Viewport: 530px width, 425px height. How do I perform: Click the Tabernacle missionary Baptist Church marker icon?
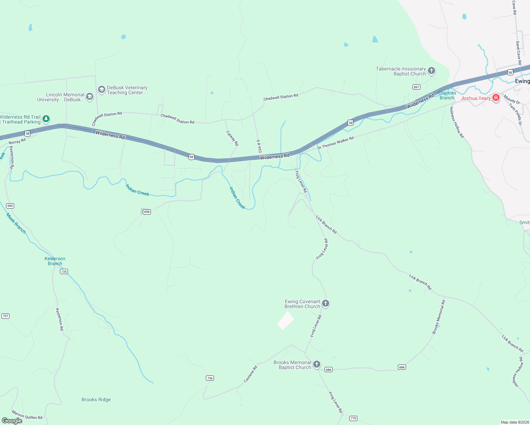coord(432,70)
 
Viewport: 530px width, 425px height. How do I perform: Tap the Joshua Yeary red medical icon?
coord(496,98)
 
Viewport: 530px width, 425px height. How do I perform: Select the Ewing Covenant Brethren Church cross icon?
coord(326,304)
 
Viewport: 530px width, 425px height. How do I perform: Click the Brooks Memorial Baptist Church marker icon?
coord(317,364)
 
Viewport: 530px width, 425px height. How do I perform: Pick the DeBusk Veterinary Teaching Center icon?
coord(102,89)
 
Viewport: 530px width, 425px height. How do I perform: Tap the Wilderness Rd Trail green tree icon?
coord(46,119)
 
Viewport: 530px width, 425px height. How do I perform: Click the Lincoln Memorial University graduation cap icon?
coord(90,96)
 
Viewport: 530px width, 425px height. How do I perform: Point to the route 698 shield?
coord(147,212)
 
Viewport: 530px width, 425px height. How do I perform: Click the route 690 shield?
coord(10,206)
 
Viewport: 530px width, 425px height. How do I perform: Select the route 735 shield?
coord(64,272)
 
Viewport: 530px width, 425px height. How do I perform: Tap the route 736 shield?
coord(210,378)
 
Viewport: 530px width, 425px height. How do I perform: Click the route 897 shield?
coord(417,87)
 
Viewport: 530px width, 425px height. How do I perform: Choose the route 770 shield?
coord(353,418)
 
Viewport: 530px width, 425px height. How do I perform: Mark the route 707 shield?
coord(5,316)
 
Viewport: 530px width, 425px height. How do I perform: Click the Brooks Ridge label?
coord(96,399)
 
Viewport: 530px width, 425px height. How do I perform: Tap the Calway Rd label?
coord(232,138)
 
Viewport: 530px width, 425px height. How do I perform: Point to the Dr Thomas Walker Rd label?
coord(336,143)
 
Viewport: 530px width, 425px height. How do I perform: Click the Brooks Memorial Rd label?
coord(439,317)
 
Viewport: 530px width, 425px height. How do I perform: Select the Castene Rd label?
coord(250,374)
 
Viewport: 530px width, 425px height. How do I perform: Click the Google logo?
coord(12,421)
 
